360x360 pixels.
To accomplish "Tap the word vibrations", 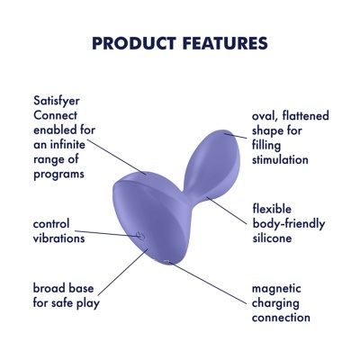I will [59, 238].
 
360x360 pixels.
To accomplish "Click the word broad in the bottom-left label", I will [49, 289].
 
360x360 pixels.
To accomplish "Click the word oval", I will [267, 116].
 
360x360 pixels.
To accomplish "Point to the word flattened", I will [308, 116].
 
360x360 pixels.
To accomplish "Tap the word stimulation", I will [281, 159].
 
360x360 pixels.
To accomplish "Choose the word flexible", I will [276, 210].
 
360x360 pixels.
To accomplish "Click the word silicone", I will [275, 238].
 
